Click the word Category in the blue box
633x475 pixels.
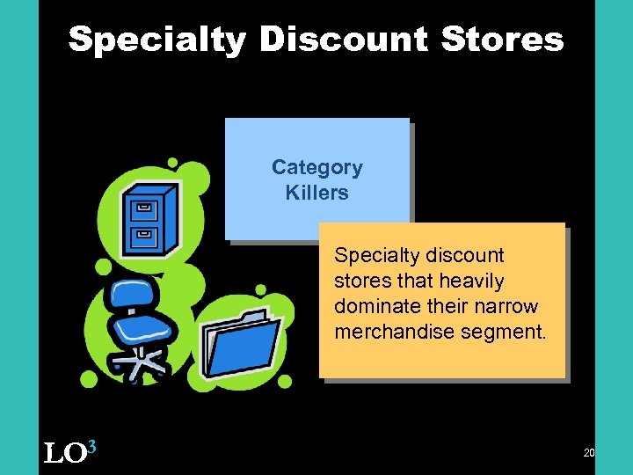[x=316, y=167]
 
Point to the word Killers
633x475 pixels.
[x=316, y=192]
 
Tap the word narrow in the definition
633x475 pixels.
[x=506, y=306]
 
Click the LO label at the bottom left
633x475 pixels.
[x=64, y=454]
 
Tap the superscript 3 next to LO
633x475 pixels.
[x=91, y=447]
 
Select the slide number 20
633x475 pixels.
[x=588, y=453]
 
